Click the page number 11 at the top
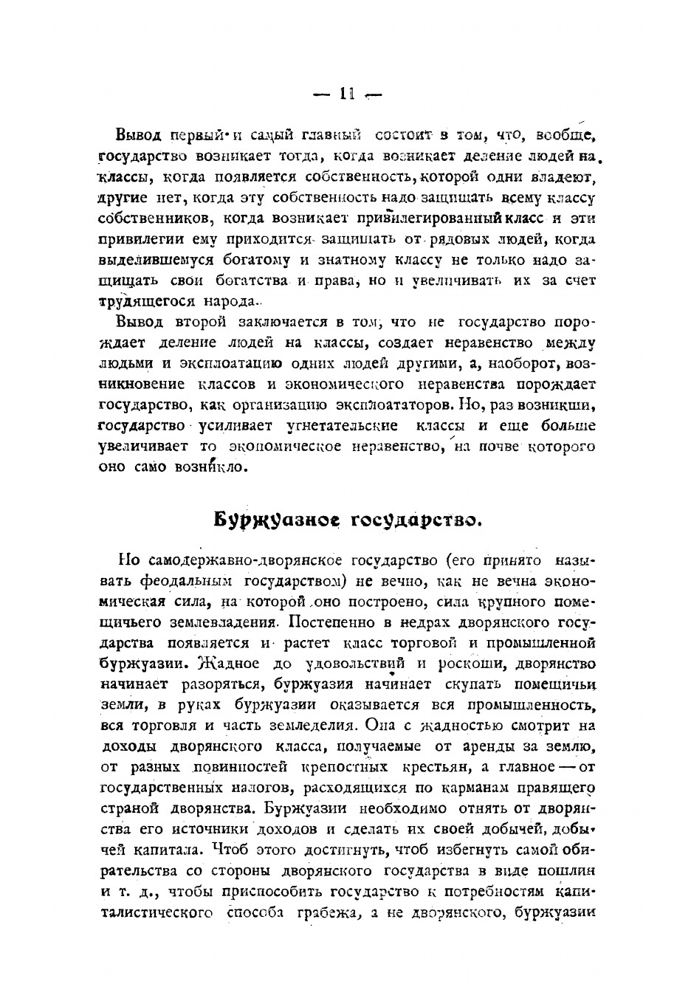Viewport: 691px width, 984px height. click(x=347, y=94)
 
